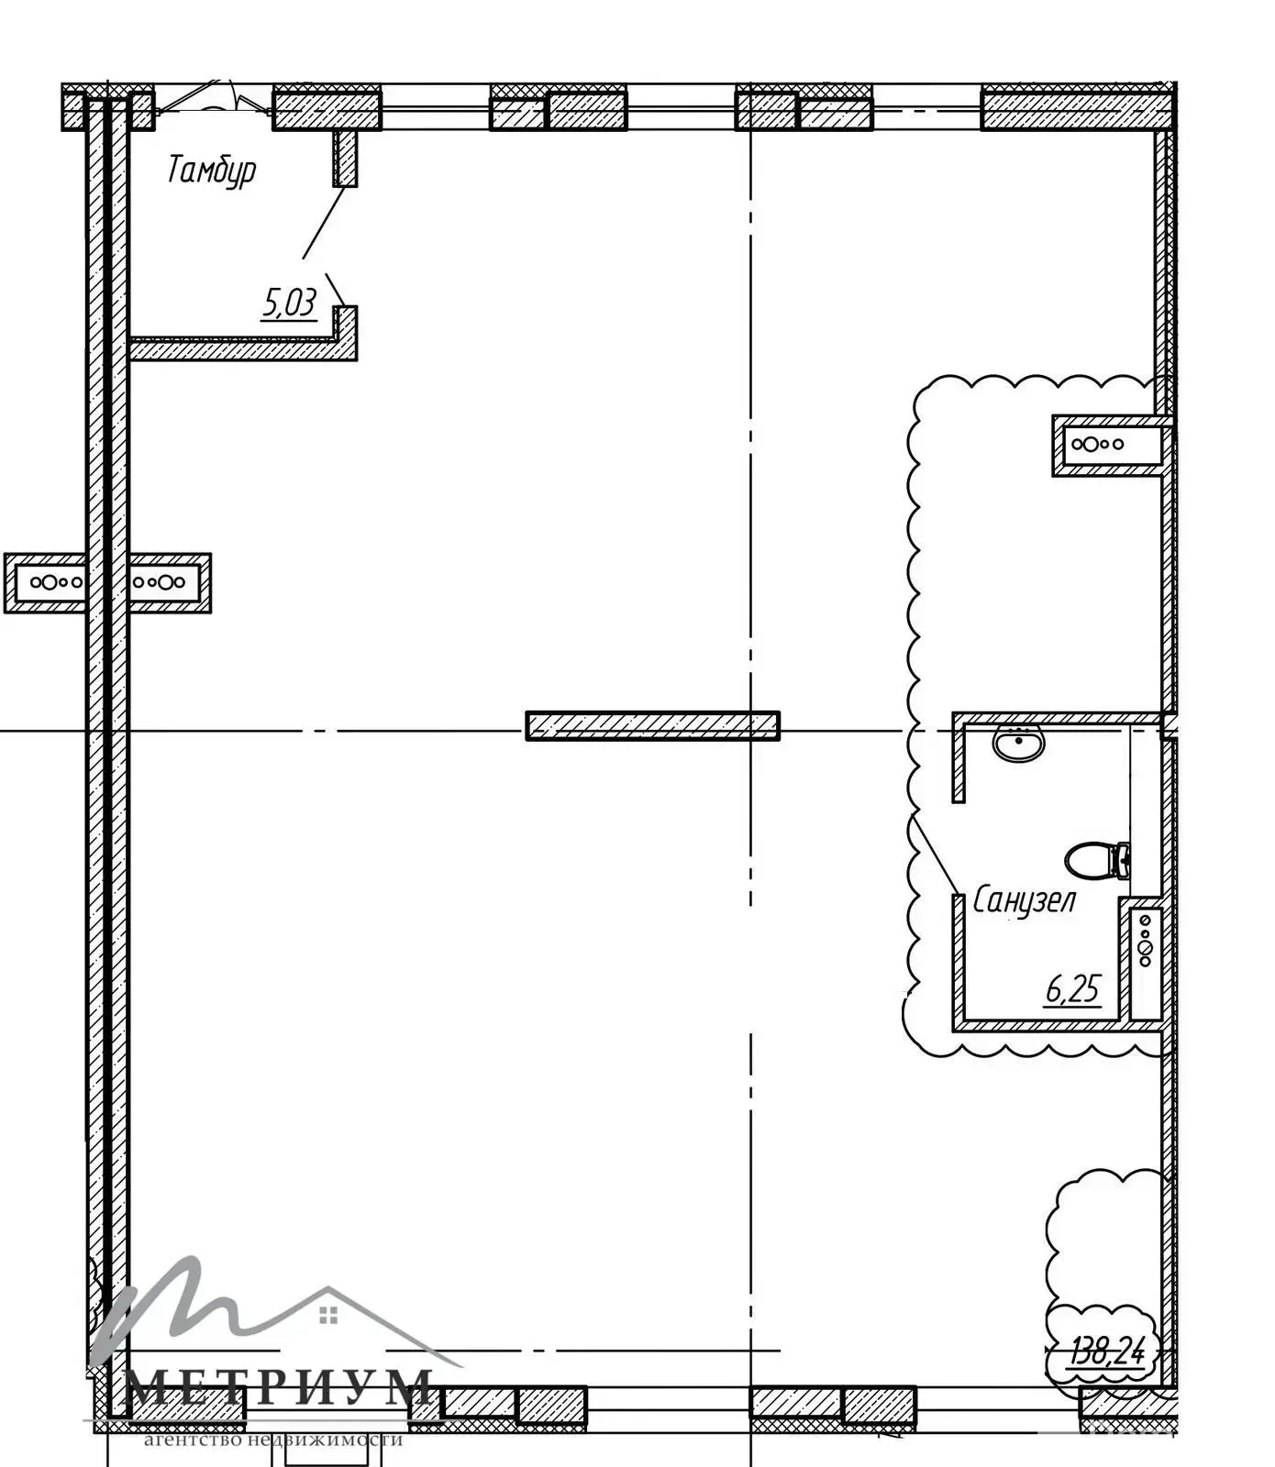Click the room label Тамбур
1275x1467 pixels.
click(212, 171)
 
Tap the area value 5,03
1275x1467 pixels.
click(290, 302)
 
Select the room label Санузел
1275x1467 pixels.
click(1024, 900)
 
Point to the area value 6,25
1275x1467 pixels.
click(1072, 989)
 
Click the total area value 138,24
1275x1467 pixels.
click(1107, 1351)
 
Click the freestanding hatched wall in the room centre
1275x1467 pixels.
click(652, 725)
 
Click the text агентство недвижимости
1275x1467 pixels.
click(273, 1439)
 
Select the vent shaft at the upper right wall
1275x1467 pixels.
click(1110, 445)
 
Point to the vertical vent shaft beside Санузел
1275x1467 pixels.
click(1146, 962)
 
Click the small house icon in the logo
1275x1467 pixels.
click(328, 1316)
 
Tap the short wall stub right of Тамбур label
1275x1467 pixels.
click(345, 158)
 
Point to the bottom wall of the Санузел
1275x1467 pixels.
click(1055, 1025)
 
